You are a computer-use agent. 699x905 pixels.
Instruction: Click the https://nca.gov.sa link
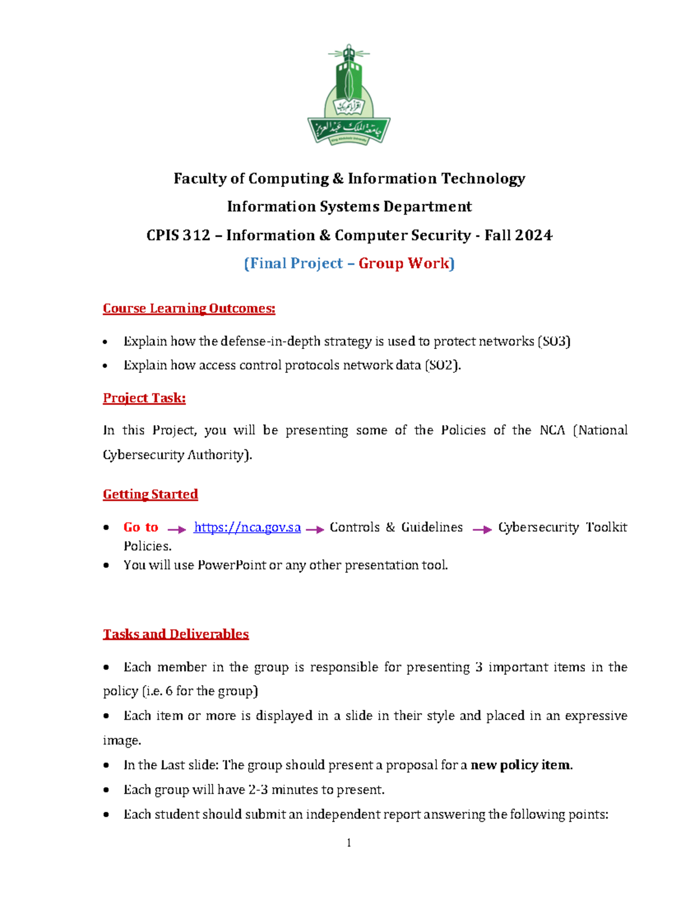point(247,527)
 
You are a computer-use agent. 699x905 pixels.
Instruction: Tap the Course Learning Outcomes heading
point(189,308)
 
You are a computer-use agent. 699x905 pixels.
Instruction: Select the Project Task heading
point(144,398)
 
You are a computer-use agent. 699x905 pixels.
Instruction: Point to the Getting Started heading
point(150,494)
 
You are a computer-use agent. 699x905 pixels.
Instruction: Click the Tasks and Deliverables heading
point(175,634)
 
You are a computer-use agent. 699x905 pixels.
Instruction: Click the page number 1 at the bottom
point(348,843)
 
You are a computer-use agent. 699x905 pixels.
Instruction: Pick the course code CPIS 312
point(178,235)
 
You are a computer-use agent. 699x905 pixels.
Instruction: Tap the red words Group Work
point(404,263)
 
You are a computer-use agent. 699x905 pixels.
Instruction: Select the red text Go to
point(140,527)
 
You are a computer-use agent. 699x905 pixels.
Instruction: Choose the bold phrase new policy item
point(521,765)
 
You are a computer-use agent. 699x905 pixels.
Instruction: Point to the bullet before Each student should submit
point(106,815)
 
